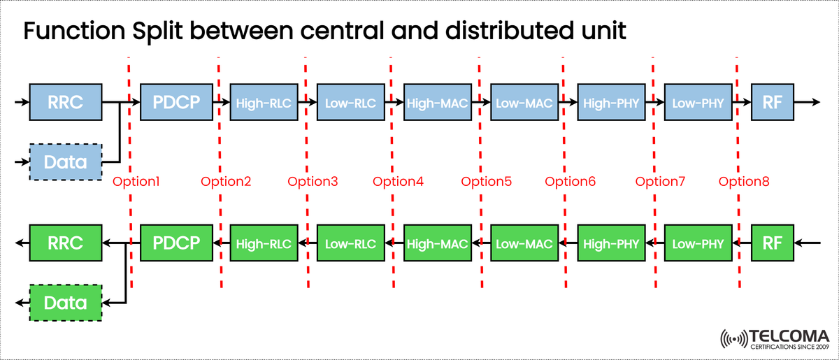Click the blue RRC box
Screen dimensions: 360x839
[66, 103]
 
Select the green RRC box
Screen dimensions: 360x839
[66, 243]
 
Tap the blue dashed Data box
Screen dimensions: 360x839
[66, 162]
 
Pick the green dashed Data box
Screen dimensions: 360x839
[66, 303]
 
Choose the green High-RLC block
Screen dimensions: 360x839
[264, 243]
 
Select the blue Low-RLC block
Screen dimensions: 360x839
[351, 103]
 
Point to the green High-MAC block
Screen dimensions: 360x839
[438, 243]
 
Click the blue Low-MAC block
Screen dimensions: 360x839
[524, 103]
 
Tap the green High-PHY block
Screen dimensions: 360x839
[611, 243]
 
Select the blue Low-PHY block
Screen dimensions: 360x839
[698, 103]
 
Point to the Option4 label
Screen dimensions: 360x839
[398, 182]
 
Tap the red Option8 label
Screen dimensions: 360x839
[744, 182]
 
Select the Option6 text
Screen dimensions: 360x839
[571, 182]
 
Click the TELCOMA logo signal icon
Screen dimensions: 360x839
[734, 338]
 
